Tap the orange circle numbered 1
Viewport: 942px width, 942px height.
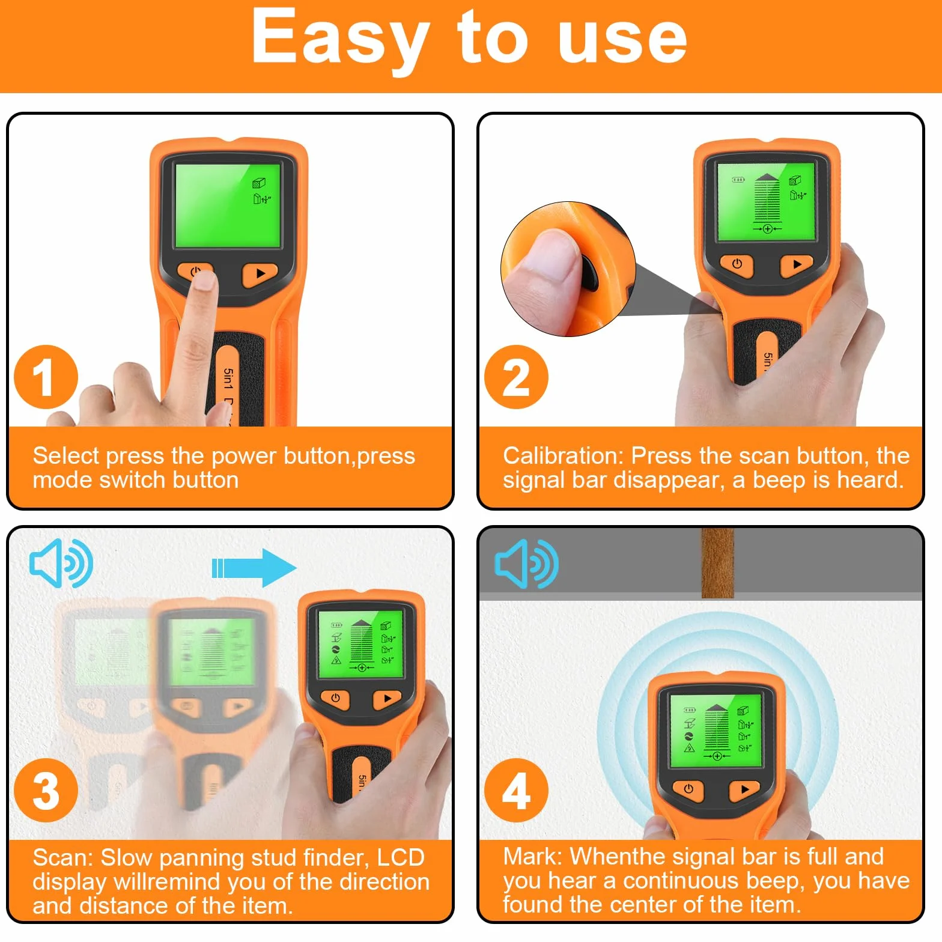46,377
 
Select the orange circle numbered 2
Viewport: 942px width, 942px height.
516,377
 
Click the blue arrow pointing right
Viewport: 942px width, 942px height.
254,568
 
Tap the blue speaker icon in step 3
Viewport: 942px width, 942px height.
61,563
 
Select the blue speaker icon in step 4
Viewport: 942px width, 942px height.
526,564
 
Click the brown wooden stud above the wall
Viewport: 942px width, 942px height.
717,563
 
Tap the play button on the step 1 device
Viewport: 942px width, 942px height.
260,274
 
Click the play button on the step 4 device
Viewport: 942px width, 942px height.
745,789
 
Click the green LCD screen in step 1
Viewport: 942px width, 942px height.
228,205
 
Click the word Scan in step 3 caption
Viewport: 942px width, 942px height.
59,857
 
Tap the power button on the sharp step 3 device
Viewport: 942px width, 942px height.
335,698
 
